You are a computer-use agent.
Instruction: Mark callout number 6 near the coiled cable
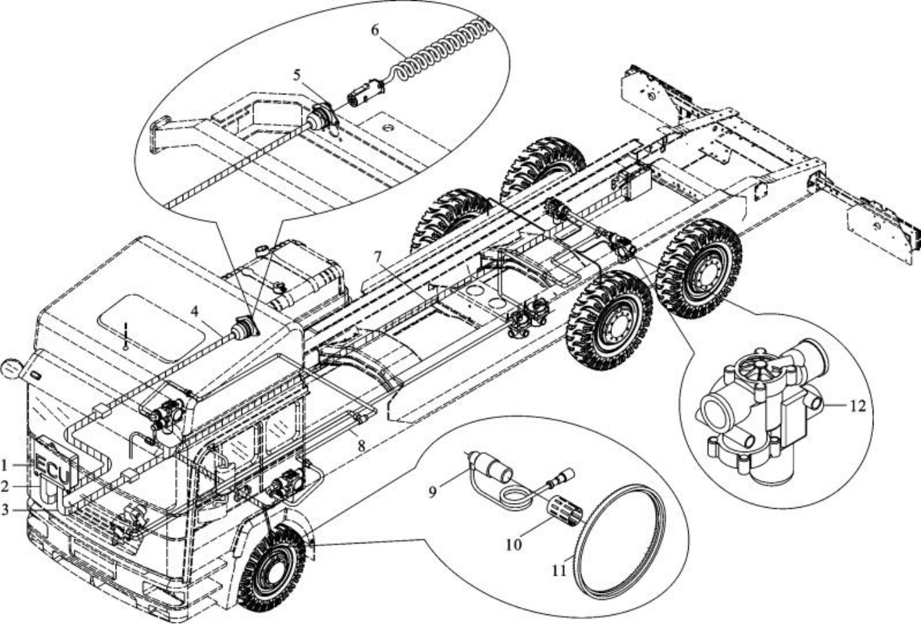[375, 31]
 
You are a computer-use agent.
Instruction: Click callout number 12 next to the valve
[856, 405]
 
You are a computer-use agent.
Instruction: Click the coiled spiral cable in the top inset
[441, 48]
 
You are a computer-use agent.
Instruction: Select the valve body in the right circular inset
[758, 413]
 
